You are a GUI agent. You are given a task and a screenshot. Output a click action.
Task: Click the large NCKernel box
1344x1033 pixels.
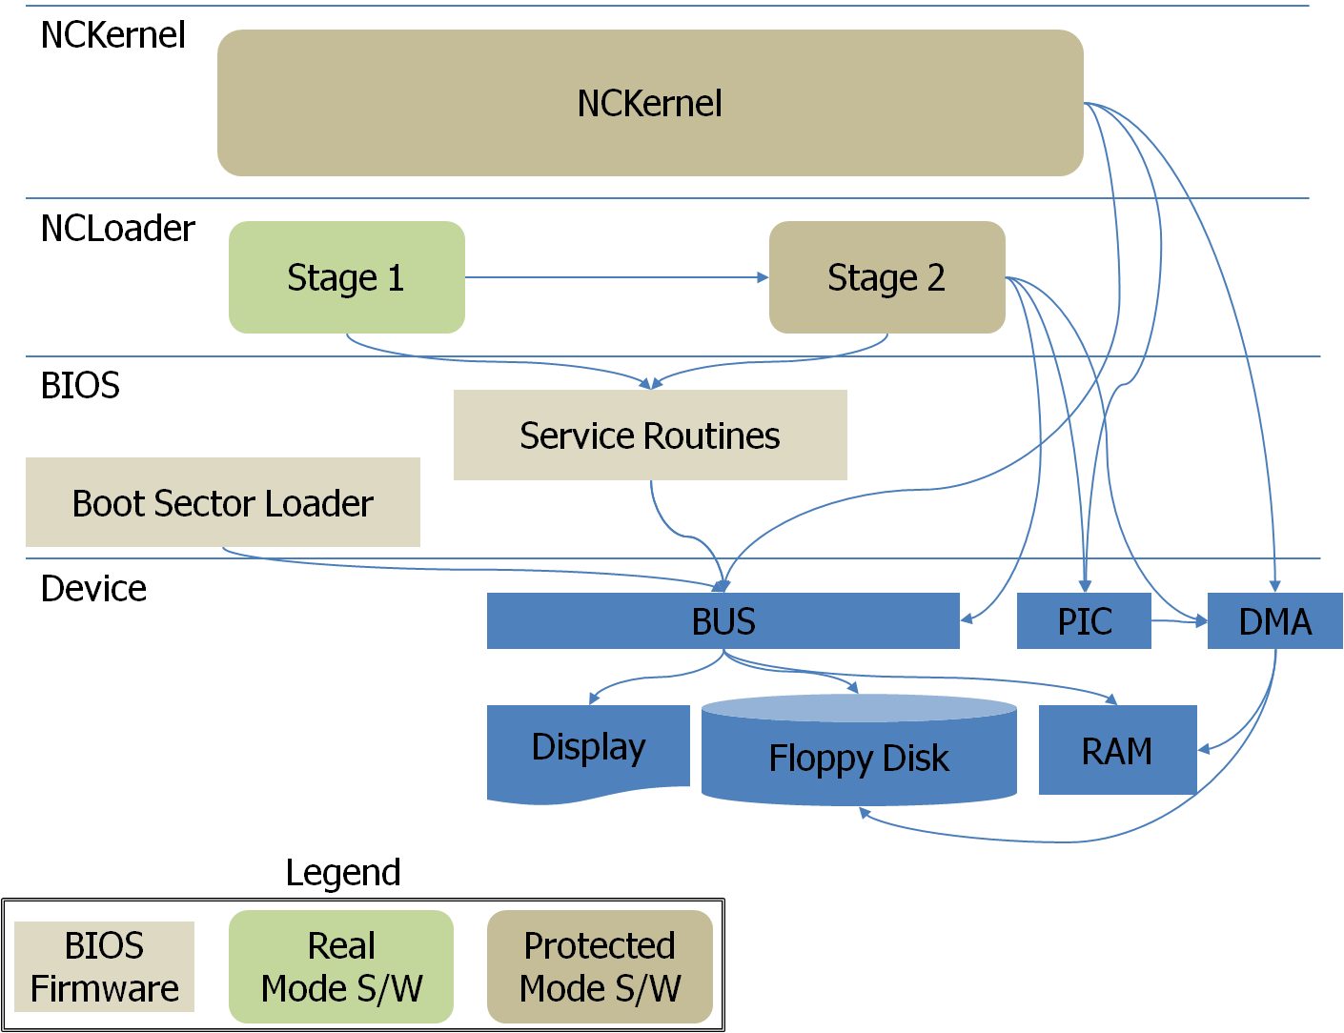coord(650,103)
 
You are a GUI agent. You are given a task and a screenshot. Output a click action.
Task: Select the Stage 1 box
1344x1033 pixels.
coord(346,277)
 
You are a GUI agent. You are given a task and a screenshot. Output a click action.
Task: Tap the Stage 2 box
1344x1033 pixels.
coord(886,277)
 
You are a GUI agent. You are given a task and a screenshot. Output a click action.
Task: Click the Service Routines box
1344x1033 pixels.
coord(650,435)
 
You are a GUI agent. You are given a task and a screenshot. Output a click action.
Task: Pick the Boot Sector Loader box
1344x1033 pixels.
coord(222,502)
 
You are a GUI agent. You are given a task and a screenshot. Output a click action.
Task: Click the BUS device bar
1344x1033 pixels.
coord(723,621)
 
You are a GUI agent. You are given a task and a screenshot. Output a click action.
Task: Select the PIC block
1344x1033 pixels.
coord(1084,621)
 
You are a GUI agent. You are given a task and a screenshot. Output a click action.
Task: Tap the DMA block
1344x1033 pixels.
coord(1274,621)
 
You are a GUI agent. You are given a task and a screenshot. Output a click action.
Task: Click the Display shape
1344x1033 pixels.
coord(588,748)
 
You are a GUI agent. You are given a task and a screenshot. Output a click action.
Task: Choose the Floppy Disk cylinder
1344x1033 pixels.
coord(859,758)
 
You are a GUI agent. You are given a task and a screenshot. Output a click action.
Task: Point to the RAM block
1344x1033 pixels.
coord(1116,751)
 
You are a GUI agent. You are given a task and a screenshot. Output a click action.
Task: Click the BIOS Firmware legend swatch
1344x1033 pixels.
coord(104,966)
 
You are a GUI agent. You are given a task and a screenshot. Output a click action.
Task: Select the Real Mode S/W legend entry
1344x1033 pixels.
coord(341,966)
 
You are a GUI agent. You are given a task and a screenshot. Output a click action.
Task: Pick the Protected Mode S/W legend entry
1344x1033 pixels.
coord(600,966)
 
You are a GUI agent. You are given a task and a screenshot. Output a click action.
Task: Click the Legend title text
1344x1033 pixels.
coord(343,872)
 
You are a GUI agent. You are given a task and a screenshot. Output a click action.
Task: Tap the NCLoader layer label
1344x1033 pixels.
coord(117,229)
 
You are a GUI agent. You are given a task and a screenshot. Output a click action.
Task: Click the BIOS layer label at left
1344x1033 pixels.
coord(80,385)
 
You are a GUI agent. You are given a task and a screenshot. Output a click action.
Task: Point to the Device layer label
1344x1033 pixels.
coord(93,588)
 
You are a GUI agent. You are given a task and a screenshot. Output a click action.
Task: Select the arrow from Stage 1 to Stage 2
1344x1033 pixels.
coord(616,277)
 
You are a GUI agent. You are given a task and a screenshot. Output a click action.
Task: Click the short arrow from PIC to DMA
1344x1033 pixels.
coord(1178,621)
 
